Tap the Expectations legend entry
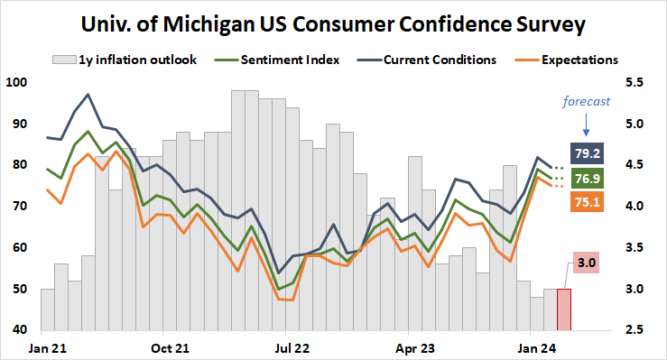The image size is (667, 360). (x=579, y=60)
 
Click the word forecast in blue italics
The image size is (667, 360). (x=588, y=100)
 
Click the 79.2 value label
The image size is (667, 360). (x=588, y=151)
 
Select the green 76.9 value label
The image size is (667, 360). (x=588, y=178)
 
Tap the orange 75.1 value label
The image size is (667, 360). (x=588, y=204)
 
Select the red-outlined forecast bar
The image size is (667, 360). (x=563, y=309)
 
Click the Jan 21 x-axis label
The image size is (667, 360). (x=46, y=346)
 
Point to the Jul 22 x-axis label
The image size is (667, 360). (x=292, y=346)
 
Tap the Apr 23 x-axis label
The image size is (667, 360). (x=415, y=346)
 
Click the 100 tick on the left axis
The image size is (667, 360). (x=17, y=83)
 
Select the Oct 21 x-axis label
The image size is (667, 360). (x=169, y=346)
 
